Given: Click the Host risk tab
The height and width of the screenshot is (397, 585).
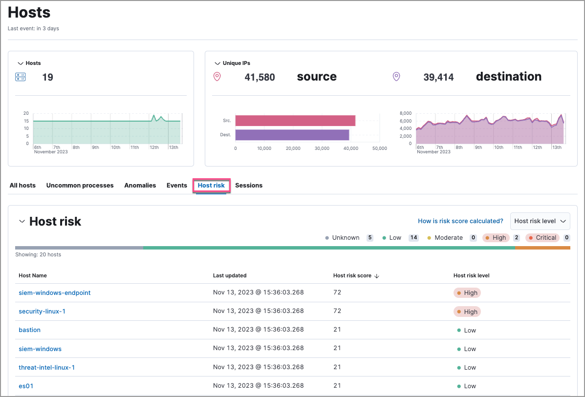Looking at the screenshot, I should (x=211, y=186).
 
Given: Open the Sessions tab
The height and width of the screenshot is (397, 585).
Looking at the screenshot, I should (x=249, y=186).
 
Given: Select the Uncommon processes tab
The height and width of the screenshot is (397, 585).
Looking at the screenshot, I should (x=80, y=186).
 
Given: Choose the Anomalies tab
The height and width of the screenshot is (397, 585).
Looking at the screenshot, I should (x=140, y=186).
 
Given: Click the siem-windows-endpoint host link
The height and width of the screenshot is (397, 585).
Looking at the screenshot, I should (x=54, y=293).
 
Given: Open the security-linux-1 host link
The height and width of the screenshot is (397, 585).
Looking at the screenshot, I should (x=42, y=312).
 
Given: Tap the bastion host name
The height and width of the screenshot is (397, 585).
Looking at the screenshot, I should (x=29, y=330).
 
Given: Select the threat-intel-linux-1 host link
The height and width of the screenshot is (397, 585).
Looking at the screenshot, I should (x=46, y=368).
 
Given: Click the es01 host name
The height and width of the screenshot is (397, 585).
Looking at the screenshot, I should (x=26, y=386).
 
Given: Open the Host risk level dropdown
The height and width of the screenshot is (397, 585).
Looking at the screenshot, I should (x=540, y=221).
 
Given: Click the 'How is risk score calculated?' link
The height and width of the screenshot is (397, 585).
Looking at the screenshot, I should (x=460, y=221).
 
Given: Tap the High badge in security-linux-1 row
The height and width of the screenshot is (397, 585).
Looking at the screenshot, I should (x=467, y=312).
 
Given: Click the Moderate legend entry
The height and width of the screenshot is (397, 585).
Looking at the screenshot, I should (x=445, y=238).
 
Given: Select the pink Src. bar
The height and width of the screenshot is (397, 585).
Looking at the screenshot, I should (x=295, y=121).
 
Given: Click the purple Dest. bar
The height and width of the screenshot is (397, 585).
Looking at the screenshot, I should (x=292, y=135).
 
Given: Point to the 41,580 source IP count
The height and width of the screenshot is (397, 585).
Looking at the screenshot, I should (x=260, y=77).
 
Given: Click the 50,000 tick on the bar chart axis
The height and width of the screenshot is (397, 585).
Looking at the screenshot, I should (x=379, y=148).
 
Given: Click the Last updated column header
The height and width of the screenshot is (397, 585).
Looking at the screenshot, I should (x=230, y=276).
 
